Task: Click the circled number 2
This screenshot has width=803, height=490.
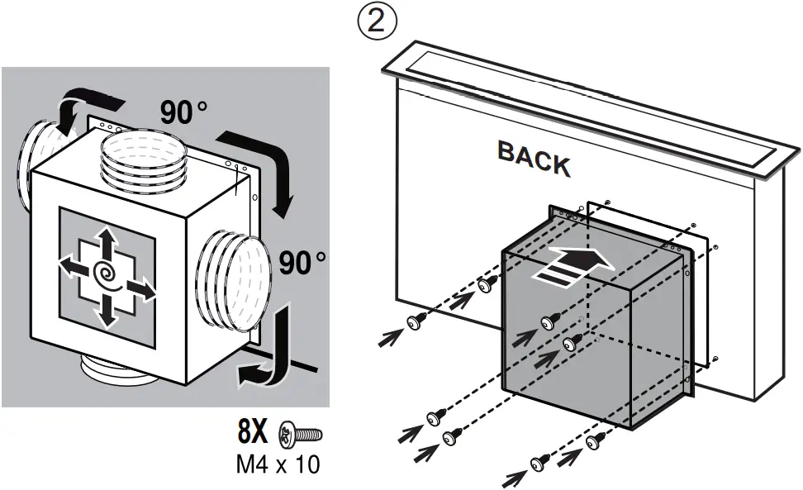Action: pos(377,21)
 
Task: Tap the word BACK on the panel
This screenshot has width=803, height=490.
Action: pos(534,159)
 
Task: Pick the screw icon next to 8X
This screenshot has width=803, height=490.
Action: pos(302,433)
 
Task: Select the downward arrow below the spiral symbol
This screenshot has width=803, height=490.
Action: pos(107,310)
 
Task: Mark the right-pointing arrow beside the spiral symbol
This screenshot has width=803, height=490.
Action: pos(141,289)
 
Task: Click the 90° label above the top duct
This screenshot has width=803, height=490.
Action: pos(183,113)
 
